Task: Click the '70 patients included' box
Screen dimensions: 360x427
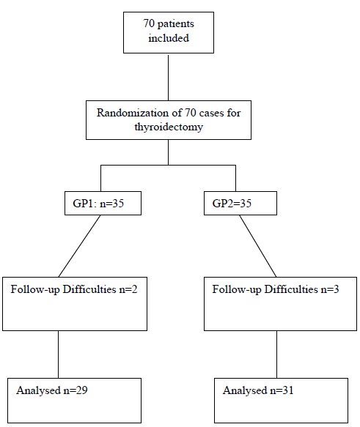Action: tap(169, 32)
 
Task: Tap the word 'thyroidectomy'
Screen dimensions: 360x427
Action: tap(169, 127)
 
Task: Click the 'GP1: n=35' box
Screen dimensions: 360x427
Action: tap(103, 203)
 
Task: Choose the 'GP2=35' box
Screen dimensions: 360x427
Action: tap(240, 203)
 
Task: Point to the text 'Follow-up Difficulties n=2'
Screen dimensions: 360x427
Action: tap(74, 289)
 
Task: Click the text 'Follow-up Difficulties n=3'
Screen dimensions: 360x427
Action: tap(276, 289)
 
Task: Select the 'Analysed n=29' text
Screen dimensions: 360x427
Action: tap(52, 390)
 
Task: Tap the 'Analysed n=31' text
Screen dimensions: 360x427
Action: tap(258, 390)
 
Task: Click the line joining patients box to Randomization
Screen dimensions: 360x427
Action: tap(168, 77)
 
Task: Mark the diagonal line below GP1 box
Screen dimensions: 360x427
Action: tap(80, 246)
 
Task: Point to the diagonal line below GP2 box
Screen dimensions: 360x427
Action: tap(258, 246)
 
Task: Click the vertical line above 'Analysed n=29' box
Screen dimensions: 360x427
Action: tap(59, 354)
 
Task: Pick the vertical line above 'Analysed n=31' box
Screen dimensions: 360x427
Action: tap(277, 354)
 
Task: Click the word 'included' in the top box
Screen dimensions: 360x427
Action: tap(169, 38)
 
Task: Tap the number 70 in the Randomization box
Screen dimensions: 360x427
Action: tap(190, 113)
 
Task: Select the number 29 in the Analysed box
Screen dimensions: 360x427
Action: tap(82, 390)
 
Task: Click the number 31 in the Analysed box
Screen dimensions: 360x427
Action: tap(288, 390)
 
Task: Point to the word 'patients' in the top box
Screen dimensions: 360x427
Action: tap(176, 24)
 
